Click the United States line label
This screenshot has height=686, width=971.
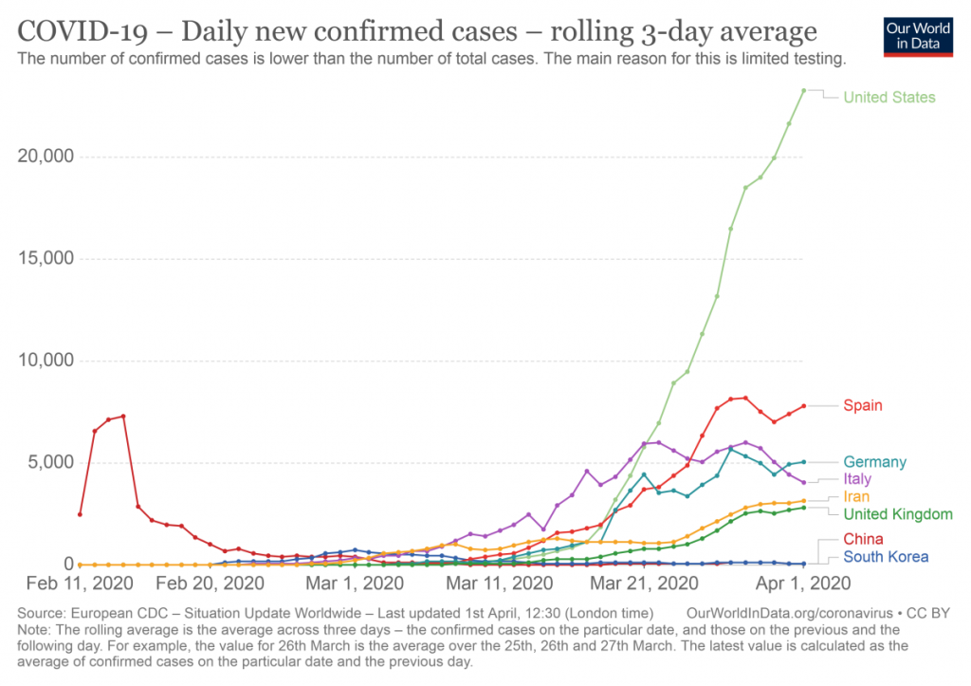point(889,98)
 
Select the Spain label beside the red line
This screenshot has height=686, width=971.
point(863,405)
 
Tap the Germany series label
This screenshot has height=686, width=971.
point(874,462)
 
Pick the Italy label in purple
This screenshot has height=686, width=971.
point(857,479)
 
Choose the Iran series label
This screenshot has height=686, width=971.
point(856,497)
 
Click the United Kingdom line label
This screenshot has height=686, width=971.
point(897,514)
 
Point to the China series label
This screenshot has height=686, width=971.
point(863,540)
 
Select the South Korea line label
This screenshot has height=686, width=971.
point(886,557)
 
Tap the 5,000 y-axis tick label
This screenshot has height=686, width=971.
point(52,463)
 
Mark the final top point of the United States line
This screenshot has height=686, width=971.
point(803,91)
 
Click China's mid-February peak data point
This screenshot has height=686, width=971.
point(123,417)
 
